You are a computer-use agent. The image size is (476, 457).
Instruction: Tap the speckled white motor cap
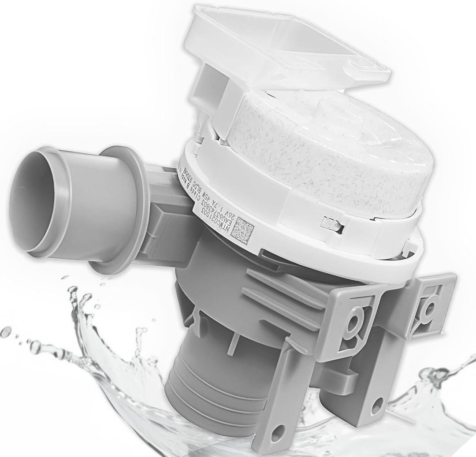point(335,150)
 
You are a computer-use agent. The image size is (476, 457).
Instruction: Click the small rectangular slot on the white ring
point(332,224)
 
